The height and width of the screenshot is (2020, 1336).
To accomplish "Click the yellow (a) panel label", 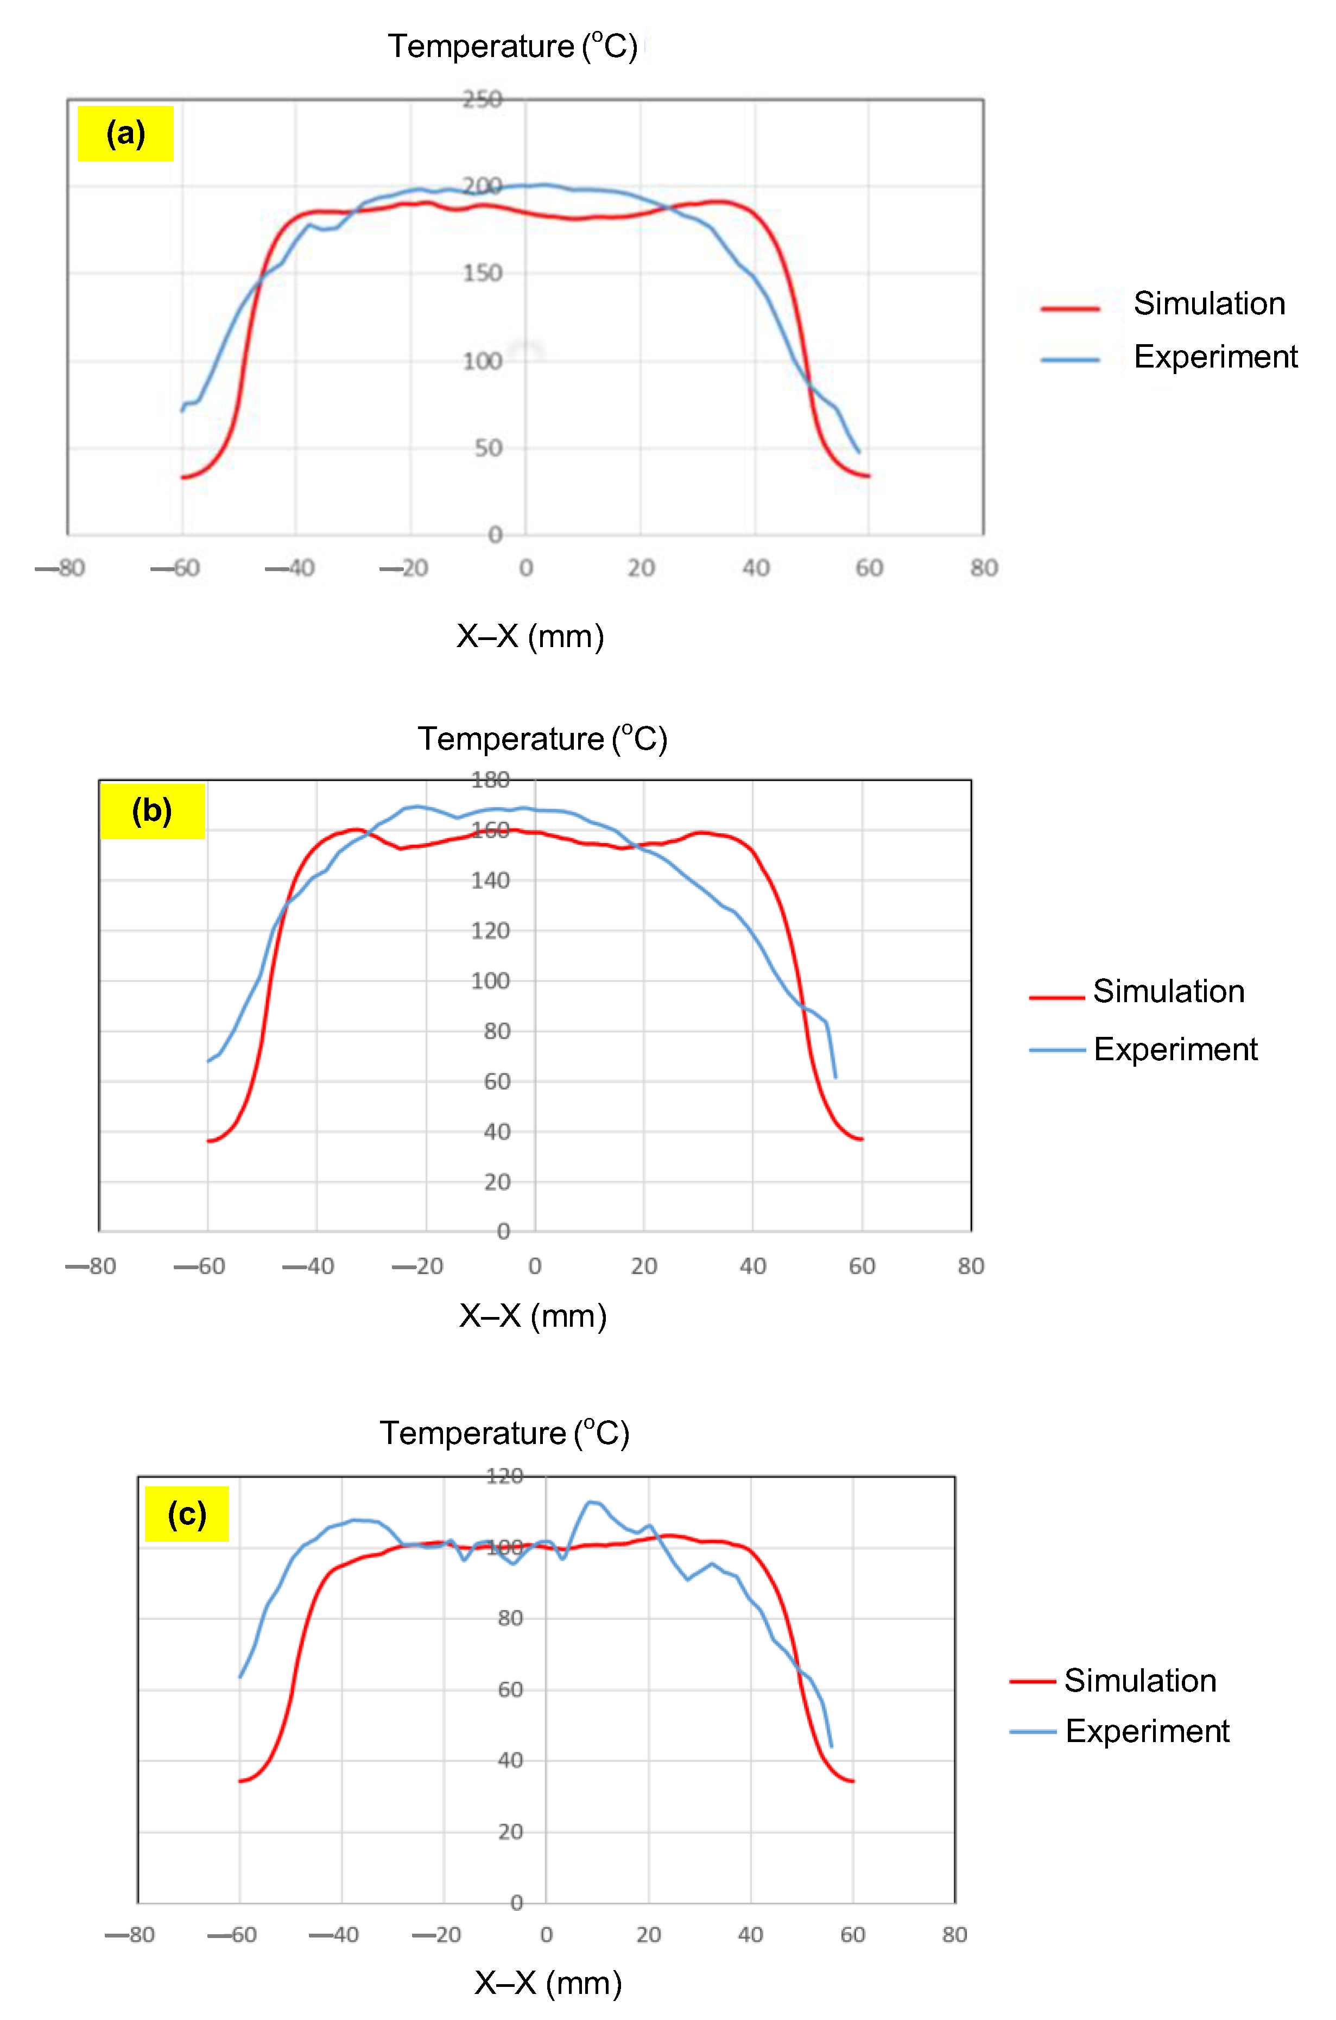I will click(x=125, y=134).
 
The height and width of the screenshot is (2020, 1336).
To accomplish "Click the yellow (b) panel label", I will click(x=153, y=811).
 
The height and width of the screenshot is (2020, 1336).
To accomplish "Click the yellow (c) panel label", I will click(x=187, y=1514).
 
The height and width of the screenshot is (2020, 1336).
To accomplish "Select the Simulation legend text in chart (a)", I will click(x=1208, y=303).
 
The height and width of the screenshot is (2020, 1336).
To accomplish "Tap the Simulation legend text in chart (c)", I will click(x=1140, y=1681).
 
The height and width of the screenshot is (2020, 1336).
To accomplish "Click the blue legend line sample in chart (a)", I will click(x=1070, y=359).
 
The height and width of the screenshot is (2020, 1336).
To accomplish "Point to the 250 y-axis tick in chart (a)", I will click(x=482, y=100).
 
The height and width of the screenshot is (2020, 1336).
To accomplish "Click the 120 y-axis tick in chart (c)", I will click(x=504, y=1477).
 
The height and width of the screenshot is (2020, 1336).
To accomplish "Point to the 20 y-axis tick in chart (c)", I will click(x=510, y=1832).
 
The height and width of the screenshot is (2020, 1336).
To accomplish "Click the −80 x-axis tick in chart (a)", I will click(x=60, y=568).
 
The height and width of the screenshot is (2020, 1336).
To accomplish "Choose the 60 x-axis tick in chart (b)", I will click(x=862, y=1266).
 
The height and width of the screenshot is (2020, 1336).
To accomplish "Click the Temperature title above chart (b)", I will click(x=542, y=739).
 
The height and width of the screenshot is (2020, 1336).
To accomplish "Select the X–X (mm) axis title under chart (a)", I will click(x=530, y=636).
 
